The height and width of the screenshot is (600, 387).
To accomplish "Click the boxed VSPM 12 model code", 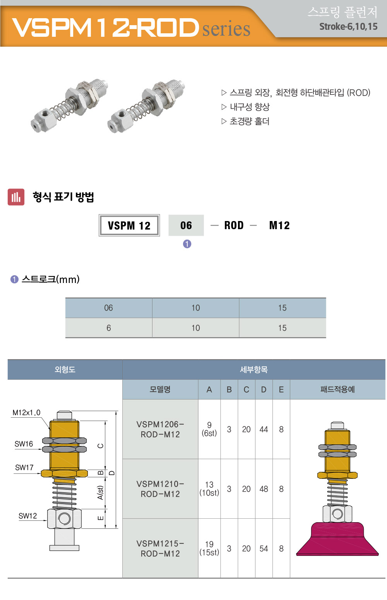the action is pyautogui.click(x=129, y=225).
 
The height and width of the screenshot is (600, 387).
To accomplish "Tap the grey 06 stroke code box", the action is pyautogui.click(x=186, y=225).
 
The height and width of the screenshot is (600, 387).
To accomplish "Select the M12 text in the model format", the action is pyautogui.click(x=279, y=225).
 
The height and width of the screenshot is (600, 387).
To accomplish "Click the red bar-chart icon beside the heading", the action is pyautogui.click(x=16, y=197).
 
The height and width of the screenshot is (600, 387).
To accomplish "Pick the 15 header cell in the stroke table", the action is pyautogui.click(x=282, y=308).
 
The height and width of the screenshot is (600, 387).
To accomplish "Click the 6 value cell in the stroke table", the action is pyautogui.click(x=109, y=328).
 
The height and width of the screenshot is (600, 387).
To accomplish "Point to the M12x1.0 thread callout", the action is pyautogui.click(x=27, y=413).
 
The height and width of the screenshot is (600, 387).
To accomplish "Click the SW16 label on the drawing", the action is pyautogui.click(x=24, y=444).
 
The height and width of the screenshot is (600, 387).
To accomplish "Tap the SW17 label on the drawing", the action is pyautogui.click(x=24, y=467).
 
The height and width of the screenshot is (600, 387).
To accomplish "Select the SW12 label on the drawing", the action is pyautogui.click(x=27, y=516).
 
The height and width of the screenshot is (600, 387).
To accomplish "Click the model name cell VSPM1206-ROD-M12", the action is pyautogui.click(x=160, y=429).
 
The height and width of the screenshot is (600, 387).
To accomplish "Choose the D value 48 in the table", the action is pyautogui.click(x=264, y=489).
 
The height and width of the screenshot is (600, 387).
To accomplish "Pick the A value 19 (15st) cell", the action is pyautogui.click(x=209, y=548).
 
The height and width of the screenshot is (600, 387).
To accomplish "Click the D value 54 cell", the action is pyautogui.click(x=264, y=548).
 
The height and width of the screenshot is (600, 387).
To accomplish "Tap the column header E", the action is pyautogui.click(x=281, y=389).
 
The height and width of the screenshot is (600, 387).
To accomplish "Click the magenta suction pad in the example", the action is pyautogui.click(x=337, y=539).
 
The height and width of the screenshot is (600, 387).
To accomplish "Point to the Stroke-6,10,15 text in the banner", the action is pyautogui.click(x=348, y=27).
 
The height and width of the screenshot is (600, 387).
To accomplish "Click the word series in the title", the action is pyautogui.click(x=226, y=29).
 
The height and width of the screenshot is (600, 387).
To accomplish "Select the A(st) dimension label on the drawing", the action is pyautogui.click(x=100, y=493).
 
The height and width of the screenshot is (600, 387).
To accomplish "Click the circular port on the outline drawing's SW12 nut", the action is pyautogui.click(x=64, y=519).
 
